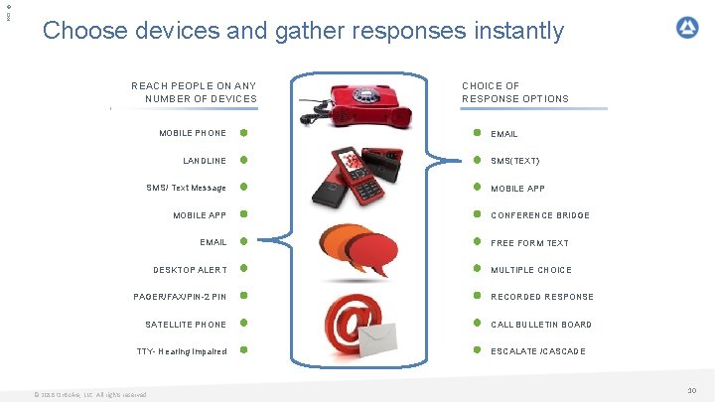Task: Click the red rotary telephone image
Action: [362, 101]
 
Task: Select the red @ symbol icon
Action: [355, 321]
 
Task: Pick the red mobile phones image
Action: [355, 176]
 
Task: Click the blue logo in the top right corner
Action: [687, 28]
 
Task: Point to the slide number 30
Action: [692, 391]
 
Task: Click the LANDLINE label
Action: [205, 161]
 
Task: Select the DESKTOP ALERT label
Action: [190, 270]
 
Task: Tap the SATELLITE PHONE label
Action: [186, 325]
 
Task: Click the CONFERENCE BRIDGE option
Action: [540, 215]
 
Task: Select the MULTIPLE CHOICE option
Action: [531, 270]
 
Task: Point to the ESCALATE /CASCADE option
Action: [538, 351]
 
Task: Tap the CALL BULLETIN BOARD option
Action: [541, 325]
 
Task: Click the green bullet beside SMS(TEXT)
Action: [477, 160]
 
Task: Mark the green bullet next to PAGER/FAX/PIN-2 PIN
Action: [243, 296]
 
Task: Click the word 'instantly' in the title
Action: [510, 31]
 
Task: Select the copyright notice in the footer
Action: [89, 394]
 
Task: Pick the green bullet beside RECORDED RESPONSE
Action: [477, 296]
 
